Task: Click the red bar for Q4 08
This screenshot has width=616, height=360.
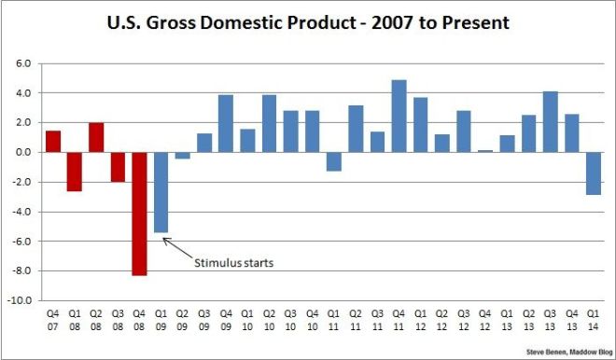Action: tap(139, 214)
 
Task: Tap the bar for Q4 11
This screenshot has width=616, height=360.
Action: tap(399, 116)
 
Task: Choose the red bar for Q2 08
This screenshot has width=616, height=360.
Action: tap(96, 137)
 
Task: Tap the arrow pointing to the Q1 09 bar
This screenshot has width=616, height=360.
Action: tap(178, 247)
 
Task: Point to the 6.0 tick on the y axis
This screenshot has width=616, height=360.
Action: tap(23, 63)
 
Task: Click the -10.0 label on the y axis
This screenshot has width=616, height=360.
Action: tap(21, 301)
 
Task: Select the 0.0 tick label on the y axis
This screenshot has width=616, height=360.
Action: tap(23, 152)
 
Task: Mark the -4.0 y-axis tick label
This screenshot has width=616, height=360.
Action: tap(21, 212)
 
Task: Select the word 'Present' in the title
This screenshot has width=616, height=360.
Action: tap(471, 22)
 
